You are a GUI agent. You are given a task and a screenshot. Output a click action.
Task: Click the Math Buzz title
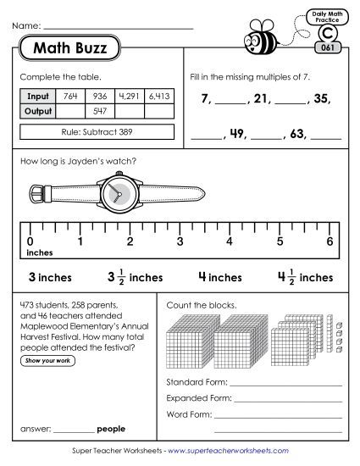tap(70, 48)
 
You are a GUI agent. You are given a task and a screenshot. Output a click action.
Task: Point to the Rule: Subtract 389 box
tap(96, 131)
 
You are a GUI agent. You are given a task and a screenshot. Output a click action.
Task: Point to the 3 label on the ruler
tap(180, 241)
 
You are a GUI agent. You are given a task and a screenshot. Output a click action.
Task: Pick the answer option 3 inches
tap(50, 276)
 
